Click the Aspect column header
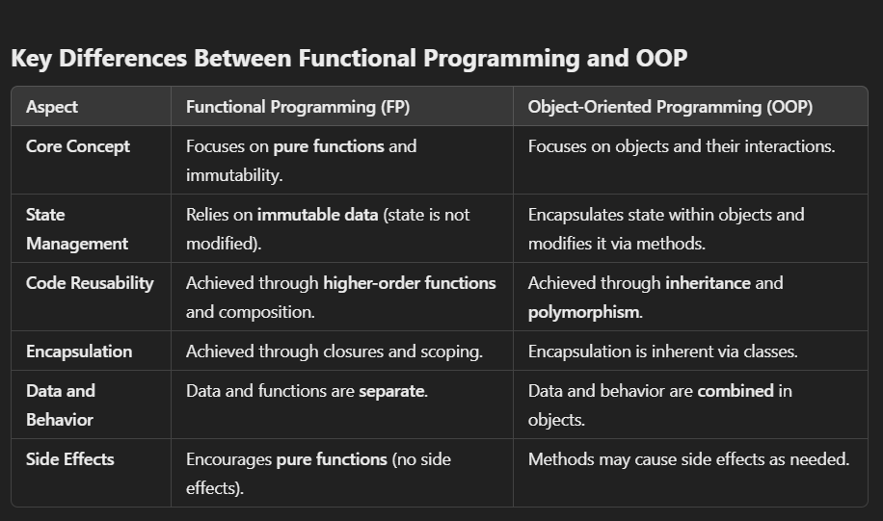click(x=52, y=107)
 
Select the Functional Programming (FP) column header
click(x=298, y=107)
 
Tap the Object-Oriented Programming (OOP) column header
click(x=670, y=107)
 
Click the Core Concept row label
click(x=78, y=146)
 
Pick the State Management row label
click(x=77, y=229)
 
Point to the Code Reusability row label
click(x=90, y=283)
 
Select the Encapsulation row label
click(x=79, y=352)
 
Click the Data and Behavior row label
click(x=61, y=405)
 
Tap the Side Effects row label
click(x=70, y=459)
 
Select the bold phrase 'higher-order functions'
click(x=410, y=283)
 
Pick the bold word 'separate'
click(x=391, y=391)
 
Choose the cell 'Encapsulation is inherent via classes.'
click(x=663, y=352)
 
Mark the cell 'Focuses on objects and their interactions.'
click(x=682, y=146)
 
